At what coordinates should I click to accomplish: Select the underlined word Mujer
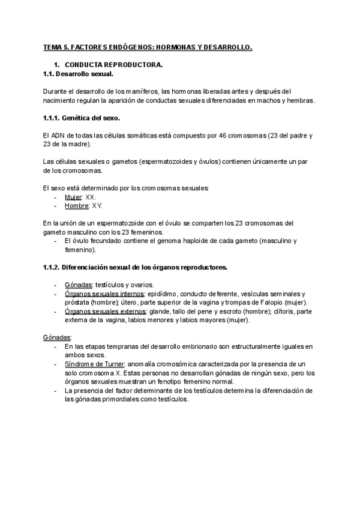[73, 197]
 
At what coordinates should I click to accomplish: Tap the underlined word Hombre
[76, 206]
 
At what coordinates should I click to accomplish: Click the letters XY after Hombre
[97, 206]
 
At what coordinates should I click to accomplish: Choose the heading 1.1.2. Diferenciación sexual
[135, 267]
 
